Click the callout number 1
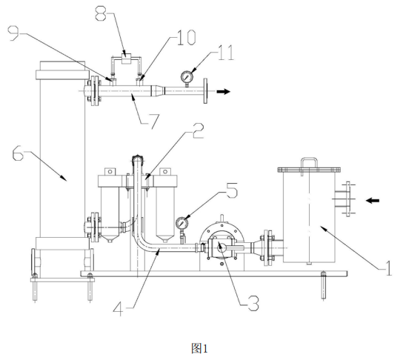tap(388, 268)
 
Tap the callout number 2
tap(198, 131)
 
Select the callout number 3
tap(253, 303)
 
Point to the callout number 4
tap(119, 308)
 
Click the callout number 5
tap(232, 190)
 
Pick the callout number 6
tap(19, 153)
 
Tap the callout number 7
tap(153, 121)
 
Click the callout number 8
tap(101, 13)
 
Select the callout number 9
tap(13, 33)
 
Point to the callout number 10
tap(187, 38)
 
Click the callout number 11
tap(226, 53)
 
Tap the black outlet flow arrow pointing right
tap(223, 91)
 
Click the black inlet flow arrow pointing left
tap(373, 200)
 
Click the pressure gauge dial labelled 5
tap(182, 223)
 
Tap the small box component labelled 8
tap(126, 59)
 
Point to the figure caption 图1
tap(199, 349)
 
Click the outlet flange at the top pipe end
tap(205, 91)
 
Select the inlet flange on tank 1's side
tap(347, 199)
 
